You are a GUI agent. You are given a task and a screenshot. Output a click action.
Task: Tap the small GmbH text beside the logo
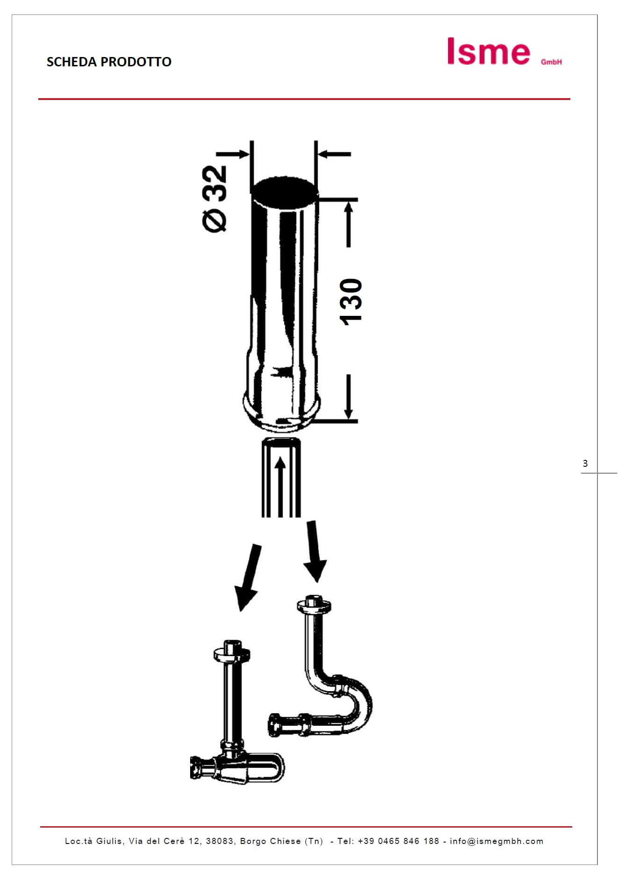pos(551,62)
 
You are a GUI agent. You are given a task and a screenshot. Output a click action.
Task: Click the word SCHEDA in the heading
pos(71,62)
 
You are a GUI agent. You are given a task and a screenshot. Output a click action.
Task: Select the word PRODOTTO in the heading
pos(136,62)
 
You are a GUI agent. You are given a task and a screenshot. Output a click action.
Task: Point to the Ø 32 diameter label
pos(214,198)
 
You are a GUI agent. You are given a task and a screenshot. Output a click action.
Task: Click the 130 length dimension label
pos(351,302)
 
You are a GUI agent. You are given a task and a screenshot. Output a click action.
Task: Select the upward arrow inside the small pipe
pos(280,486)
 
